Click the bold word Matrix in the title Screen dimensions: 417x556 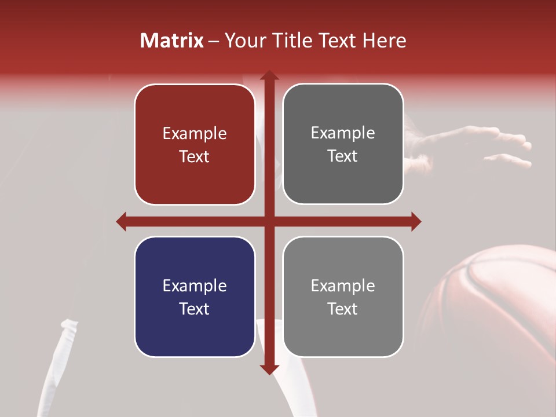click(x=172, y=41)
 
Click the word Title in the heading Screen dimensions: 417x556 click(x=291, y=41)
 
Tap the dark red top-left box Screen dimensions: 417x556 click(x=195, y=144)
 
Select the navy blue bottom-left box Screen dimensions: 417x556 click(x=195, y=297)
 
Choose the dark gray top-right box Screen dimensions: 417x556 click(x=343, y=144)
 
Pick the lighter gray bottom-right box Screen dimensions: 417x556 click(x=343, y=297)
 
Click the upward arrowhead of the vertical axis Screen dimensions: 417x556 click(x=269, y=76)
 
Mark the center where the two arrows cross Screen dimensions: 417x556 click(x=269, y=221)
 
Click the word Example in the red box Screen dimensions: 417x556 click(x=195, y=134)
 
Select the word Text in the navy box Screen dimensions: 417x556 click(x=195, y=309)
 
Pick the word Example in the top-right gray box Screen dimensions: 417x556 click(x=343, y=133)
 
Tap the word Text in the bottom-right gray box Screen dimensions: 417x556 click(x=343, y=309)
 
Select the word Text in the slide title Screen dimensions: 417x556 click(x=337, y=41)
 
